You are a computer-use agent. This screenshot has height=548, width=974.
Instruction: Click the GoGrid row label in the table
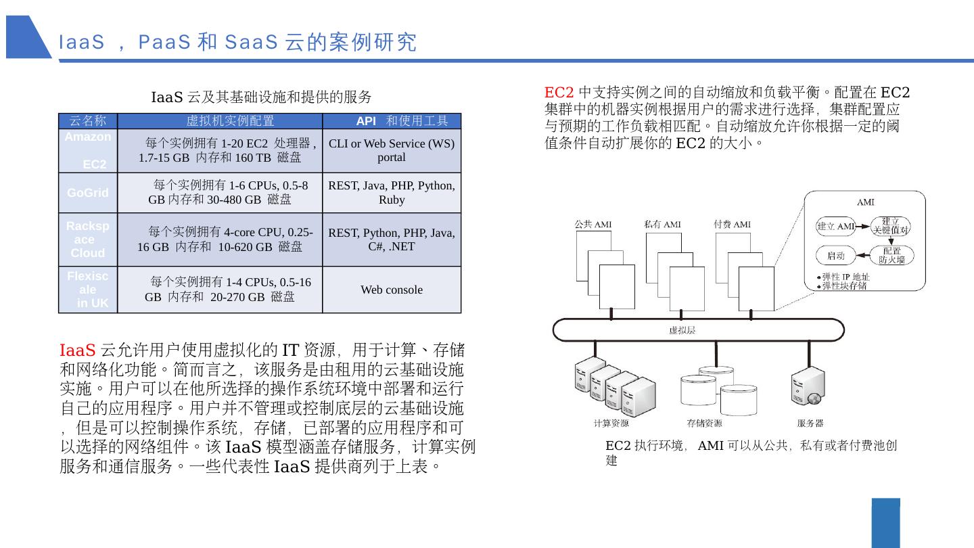88,193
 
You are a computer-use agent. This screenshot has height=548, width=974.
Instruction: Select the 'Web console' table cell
392,290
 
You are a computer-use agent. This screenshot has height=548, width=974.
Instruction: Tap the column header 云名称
88,121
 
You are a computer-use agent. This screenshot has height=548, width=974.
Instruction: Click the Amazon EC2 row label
88,150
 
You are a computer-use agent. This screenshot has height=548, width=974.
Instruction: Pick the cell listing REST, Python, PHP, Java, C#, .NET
392,239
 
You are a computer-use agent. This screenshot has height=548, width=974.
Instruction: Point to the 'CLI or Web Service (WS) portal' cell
392,150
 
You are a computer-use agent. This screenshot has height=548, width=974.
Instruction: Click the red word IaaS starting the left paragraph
77,350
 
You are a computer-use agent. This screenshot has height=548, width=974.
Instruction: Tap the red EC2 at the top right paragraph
559,92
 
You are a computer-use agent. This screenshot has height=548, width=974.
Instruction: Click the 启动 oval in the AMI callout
836,256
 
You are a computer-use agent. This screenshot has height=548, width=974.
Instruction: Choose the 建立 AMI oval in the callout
836,226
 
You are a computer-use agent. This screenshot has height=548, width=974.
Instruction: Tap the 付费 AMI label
732,224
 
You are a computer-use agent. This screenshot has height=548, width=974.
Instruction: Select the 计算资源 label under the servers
611,424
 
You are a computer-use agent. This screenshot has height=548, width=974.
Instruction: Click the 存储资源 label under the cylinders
704,424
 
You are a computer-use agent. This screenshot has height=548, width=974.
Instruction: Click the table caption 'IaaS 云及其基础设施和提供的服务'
261,97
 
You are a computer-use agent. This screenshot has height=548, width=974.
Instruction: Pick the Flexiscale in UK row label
88,290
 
